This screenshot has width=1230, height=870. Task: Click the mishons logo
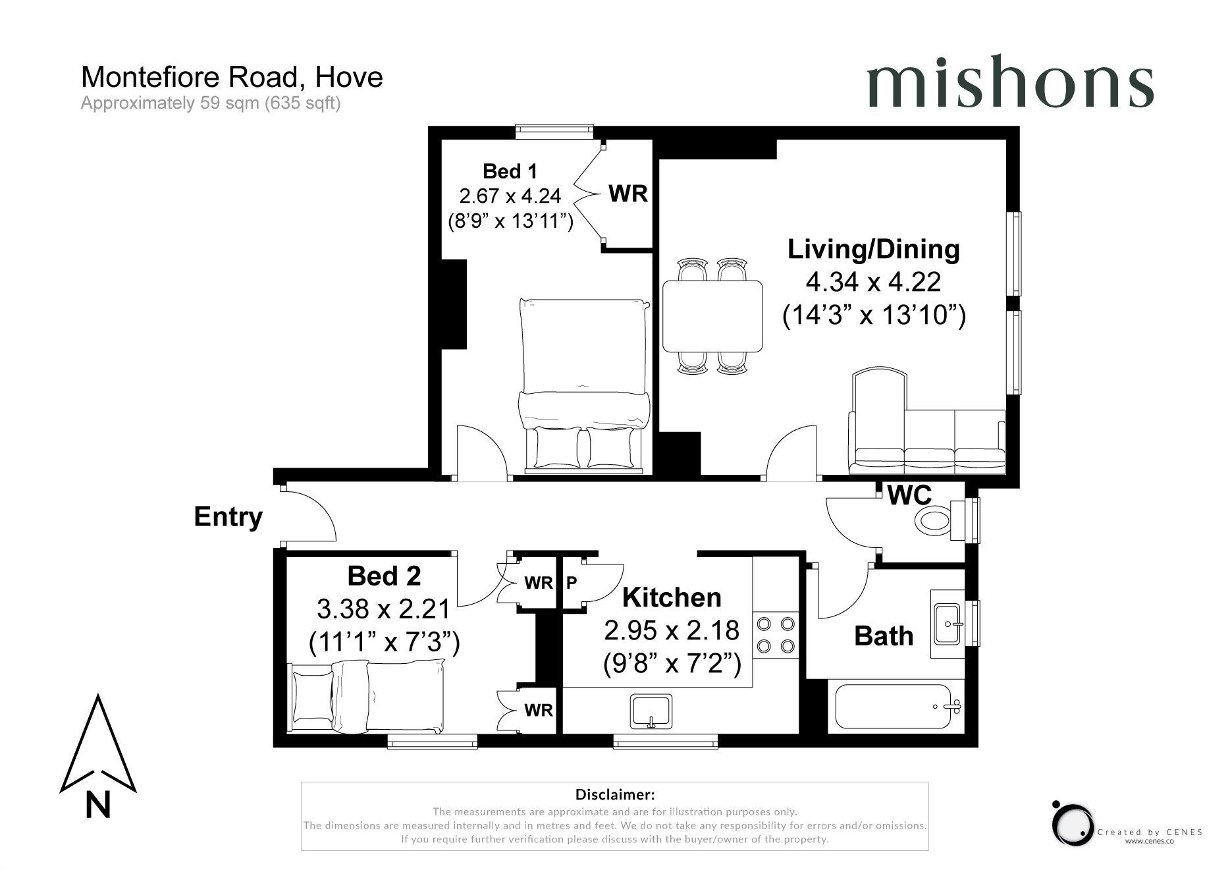pos(1009,82)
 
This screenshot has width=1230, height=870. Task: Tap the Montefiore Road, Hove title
pos(232,77)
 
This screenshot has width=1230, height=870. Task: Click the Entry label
pos(228,517)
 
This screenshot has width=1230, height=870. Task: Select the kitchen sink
pos(651,711)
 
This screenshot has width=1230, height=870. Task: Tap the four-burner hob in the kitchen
pos(775,635)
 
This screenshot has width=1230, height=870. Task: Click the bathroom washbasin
pos(948,624)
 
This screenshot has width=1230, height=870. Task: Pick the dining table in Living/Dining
pos(712,316)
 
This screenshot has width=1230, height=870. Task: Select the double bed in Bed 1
pos(584,385)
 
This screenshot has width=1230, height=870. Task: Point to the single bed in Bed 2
pos(367,698)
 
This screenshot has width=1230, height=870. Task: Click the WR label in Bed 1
pos(628,194)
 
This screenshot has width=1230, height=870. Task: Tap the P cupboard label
pos(572,582)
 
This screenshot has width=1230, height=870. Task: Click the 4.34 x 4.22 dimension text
pos(873,283)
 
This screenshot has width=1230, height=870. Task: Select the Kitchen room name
pos(672,598)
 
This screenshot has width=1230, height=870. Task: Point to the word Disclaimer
pos(615,795)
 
